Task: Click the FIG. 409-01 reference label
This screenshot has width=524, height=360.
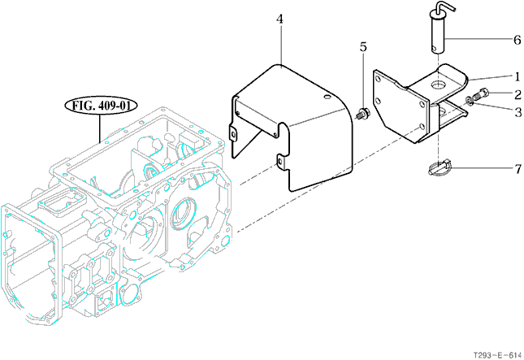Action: point(100,106)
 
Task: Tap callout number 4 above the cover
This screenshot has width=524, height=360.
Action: point(279,20)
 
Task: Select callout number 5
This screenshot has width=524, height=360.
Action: point(363,47)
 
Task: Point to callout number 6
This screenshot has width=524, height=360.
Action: point(517,40)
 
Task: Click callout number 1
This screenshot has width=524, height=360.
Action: point(518,77)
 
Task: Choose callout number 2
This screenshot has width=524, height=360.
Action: point(518,94)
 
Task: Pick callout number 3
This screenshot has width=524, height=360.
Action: point(518,112)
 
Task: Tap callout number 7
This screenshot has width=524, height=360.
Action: point(518,169)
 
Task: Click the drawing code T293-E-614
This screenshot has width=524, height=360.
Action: point(497,355)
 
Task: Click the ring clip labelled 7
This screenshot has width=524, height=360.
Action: point(440,167)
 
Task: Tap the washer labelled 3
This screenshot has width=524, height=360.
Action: point(470,100)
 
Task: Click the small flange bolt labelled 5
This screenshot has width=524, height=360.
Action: point(362,113)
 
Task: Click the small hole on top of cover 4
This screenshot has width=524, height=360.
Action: point(327,98)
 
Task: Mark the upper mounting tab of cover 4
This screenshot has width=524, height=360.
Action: point(233,134)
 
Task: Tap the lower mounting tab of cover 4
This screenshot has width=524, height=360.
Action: point(281,162)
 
